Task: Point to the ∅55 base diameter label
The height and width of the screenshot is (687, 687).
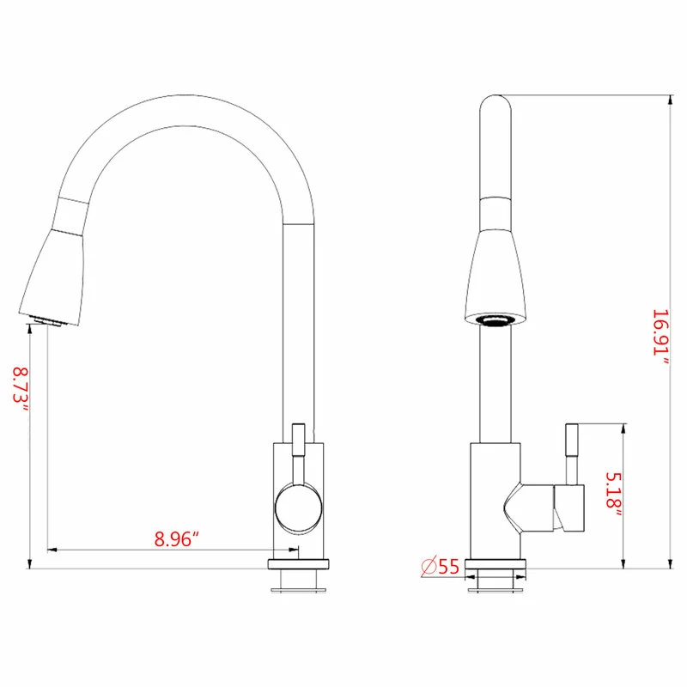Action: pyautogui.click(x=440, y=566)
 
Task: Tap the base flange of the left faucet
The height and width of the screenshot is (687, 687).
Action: pyautogui.click(x=299, y=566)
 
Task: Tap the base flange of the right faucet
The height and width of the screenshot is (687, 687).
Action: pyautogui.click(x=495, y=567)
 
